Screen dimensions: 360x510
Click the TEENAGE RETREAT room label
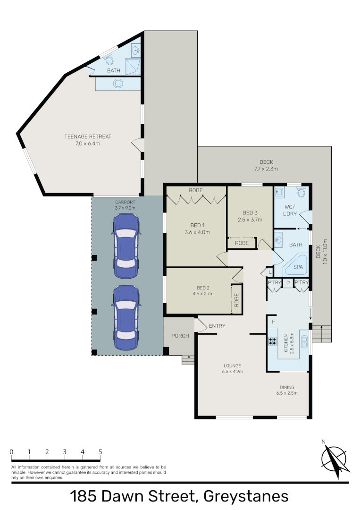pos(88,136)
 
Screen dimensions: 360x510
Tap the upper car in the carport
pos(126,246)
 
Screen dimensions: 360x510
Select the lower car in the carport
pos(126,317)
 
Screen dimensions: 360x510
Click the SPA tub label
pos(298,267)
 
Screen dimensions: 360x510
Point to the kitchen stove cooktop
pos(273,341)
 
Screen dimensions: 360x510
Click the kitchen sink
pos(304,341)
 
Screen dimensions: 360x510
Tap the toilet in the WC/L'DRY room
pos(301,192)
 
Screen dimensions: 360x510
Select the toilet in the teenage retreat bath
pos(109,60)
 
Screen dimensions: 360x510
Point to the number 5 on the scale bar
pos(100,451)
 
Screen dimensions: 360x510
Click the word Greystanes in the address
pos(246,497)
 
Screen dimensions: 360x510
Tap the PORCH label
pos(180,336)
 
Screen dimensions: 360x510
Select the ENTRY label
pos(217,325)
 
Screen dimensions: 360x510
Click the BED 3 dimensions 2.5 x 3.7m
pos(250,220)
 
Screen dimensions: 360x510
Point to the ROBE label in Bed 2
pos(236,300)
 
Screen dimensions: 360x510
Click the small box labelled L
pos(269,272)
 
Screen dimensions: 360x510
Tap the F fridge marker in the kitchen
pos(273,322)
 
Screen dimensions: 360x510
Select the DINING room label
pos(287,387)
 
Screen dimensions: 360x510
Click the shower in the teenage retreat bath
pos(133,67)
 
